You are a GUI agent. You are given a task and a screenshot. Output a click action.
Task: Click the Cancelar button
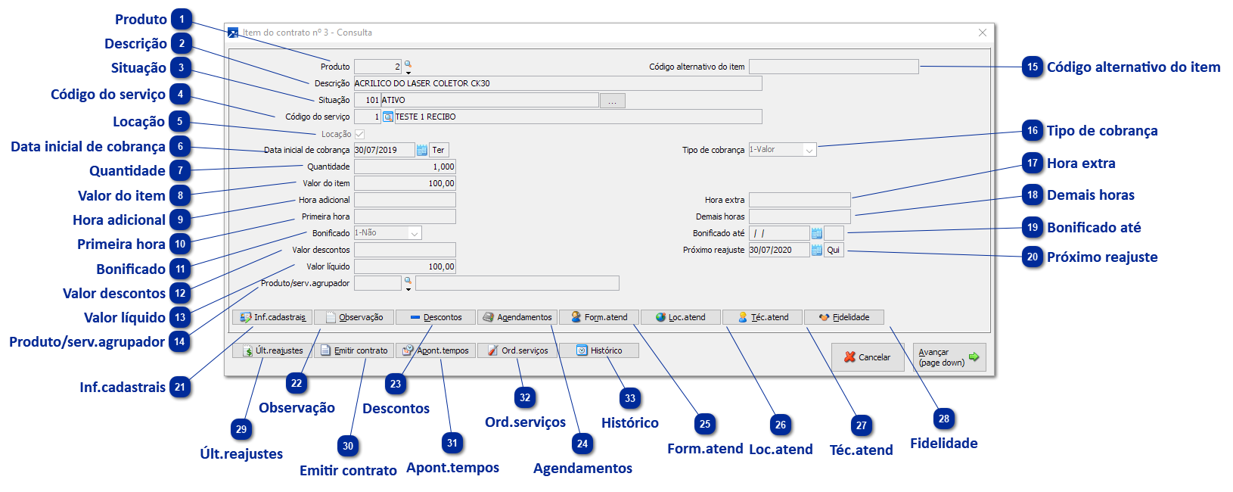pyautogui.click(x=868, y=357)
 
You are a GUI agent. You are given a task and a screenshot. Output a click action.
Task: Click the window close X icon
pyautogui.click(x=982, y=33)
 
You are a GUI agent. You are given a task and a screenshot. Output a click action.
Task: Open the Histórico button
pyautogui.click(x=599, y=350)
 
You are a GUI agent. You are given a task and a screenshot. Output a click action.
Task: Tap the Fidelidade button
pyautogui.click(x=844, y=317)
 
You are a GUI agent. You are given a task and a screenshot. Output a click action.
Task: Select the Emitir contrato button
pyautogui.click(x=354, y=350)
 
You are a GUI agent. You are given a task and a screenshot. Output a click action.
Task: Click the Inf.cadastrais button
pyautogui.click(x=272, y=317)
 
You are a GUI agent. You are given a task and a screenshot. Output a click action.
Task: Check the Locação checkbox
pyautogui.click(x=359, y=134)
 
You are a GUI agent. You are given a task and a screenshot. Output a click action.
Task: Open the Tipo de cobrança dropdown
pyautogui.click(x=782, y=150)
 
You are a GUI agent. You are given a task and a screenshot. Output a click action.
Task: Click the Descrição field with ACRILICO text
pyautogui.click(x=558, y=84)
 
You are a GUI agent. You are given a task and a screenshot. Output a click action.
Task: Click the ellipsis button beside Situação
pyautogui.click(x=612, y=101)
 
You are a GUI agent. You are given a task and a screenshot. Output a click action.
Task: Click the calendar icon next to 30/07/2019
pyautogui.click(x=421, y=150)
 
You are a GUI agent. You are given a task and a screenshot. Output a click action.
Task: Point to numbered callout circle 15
pyautogui.click(x=1032, y=67)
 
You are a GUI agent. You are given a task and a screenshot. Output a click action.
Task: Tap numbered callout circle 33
pyautogui.click(x=629, y=398)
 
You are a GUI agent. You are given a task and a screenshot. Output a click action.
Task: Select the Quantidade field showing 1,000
pyautogui.click(x=405, y=167)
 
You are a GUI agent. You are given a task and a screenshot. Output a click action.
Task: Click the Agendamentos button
pyautogui.click(x=517, y=317)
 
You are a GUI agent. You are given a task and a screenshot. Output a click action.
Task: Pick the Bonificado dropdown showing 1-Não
pyautogui.click(x=387, y=233)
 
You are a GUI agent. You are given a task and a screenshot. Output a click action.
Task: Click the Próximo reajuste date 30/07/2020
pyautogui.click(x=779, y=250)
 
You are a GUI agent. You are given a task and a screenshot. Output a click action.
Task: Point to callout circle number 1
pyautogui.click(x=181, y=19)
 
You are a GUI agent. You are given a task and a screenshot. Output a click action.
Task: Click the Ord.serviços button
pyautogui.click(x=517, y=350)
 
